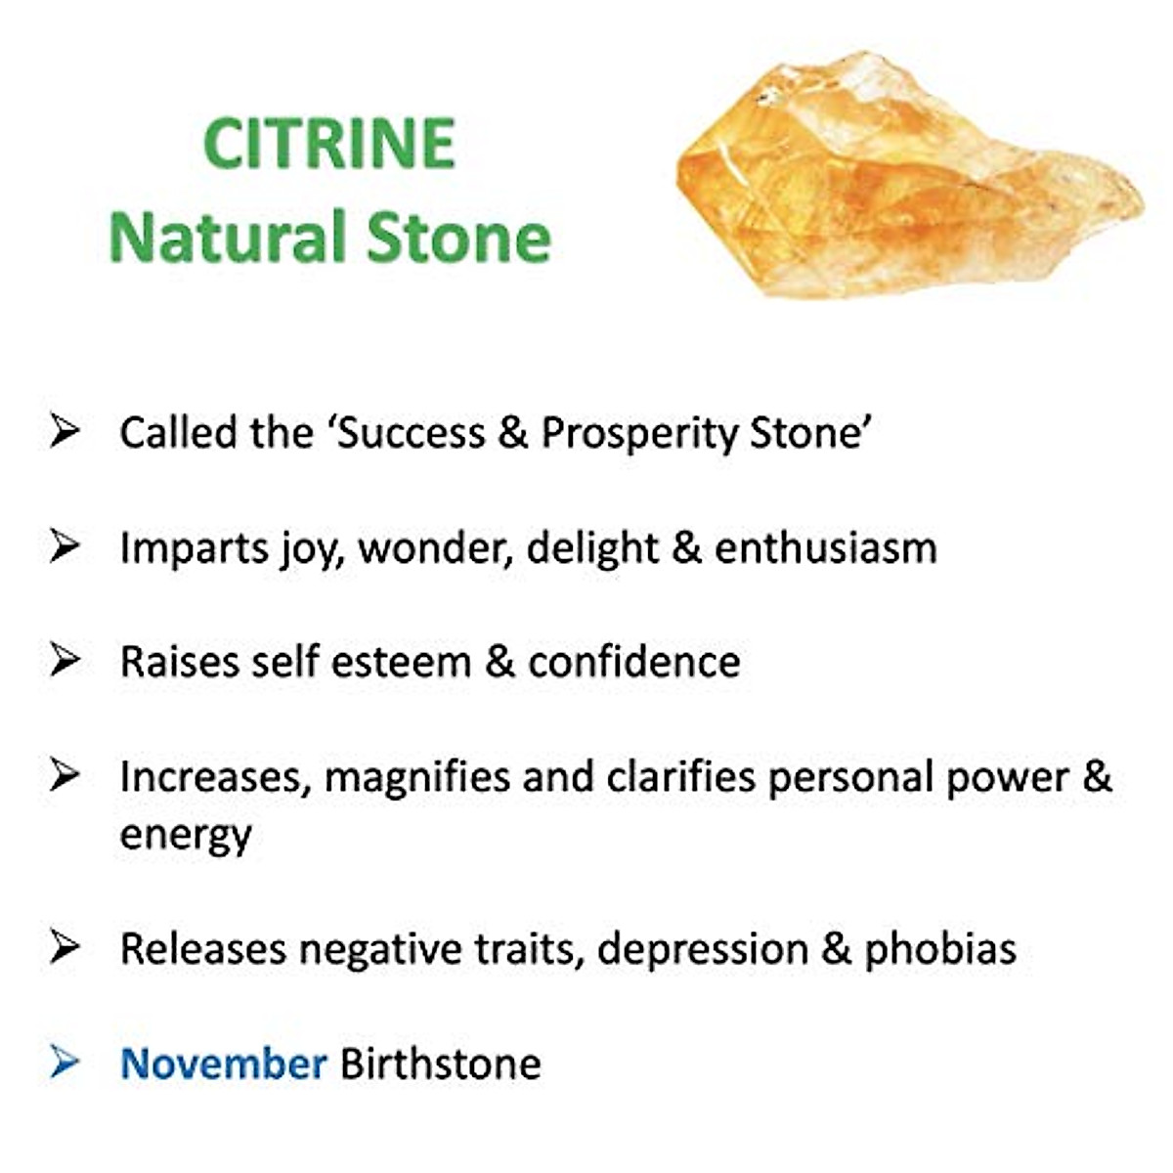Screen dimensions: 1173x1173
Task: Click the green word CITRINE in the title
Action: point(328,143)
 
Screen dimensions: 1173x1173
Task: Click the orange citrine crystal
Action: point(909,177)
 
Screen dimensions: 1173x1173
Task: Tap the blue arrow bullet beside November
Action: point(65,1062)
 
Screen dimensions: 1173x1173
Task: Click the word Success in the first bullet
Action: point(412,433)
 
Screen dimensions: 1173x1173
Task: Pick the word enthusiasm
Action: point(825,547)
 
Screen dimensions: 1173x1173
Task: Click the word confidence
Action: point(634,661)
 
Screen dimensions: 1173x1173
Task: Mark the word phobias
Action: point(941,949)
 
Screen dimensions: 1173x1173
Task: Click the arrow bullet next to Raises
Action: point(65,660)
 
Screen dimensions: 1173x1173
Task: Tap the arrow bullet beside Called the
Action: point(65,431)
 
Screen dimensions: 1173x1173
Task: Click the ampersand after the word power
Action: point(1098,777)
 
